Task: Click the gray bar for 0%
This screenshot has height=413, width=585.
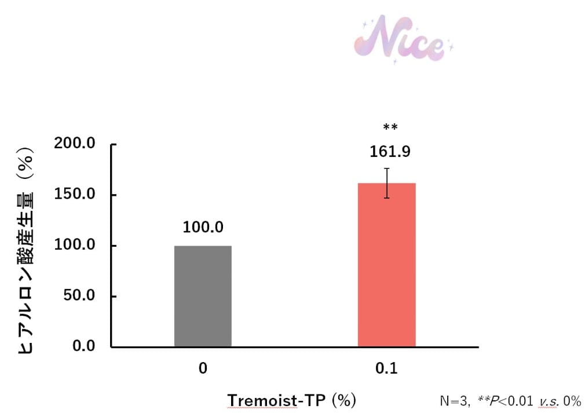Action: coord(203,296)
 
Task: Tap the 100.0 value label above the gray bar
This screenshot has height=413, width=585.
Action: coord(203,228)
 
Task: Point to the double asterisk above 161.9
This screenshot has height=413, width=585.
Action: coord(390,127)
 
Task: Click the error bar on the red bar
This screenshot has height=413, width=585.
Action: coord(387,183)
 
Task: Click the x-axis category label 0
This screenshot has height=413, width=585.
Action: coord(203,368)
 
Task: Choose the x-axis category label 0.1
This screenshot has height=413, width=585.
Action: coord(386,368)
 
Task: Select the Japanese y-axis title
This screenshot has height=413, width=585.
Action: coord(26,249)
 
